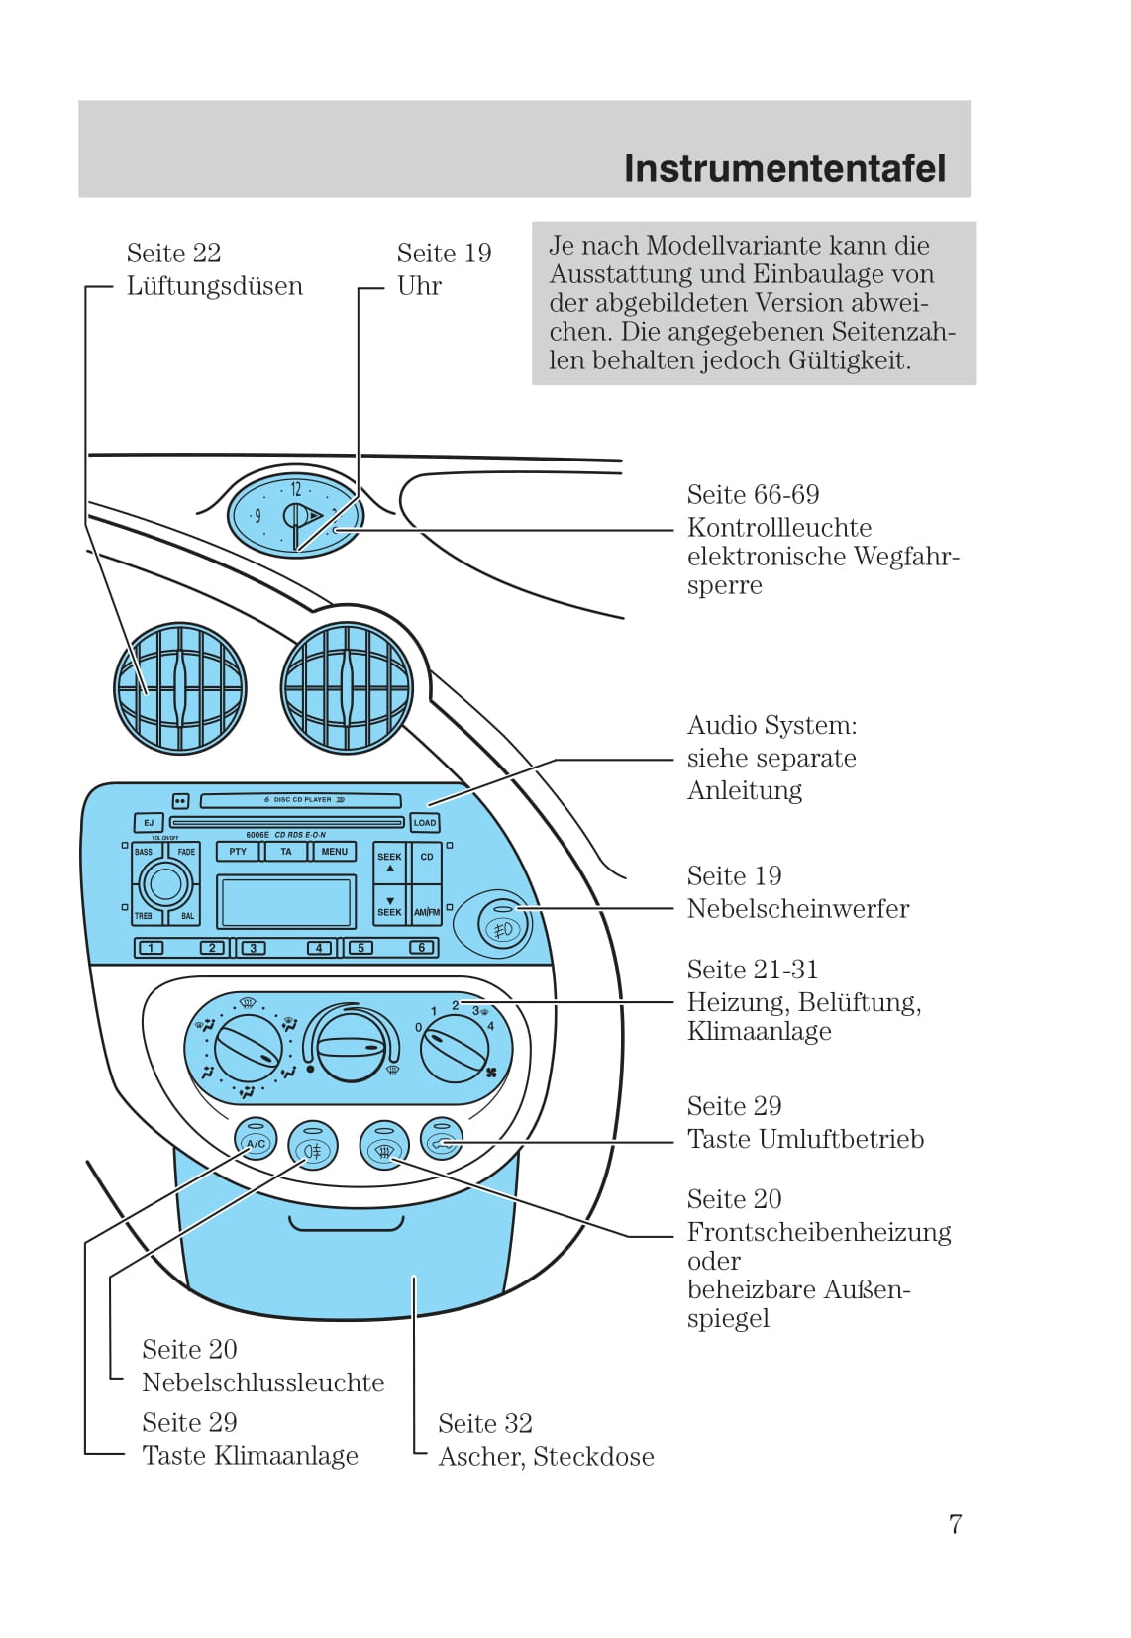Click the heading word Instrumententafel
coord(784,168)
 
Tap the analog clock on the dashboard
coord(295,515)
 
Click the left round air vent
coord(180,688)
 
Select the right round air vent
coord(347,688)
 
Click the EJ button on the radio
coord(149,822)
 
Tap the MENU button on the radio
coord(334,852)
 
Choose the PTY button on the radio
coord(238,852)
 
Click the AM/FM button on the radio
coord(427,911)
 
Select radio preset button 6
coord(422,948)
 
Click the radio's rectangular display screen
coord(286,901)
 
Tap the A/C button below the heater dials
coord(256,1143)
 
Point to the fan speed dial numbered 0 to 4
coord(455,1048)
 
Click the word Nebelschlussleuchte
coord(262,1382)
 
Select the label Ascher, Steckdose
coord(546,1456)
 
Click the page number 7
coord(955,1524)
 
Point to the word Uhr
coord(419,286)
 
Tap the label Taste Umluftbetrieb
coord(805,1139)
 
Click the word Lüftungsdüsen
coord(214,286)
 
